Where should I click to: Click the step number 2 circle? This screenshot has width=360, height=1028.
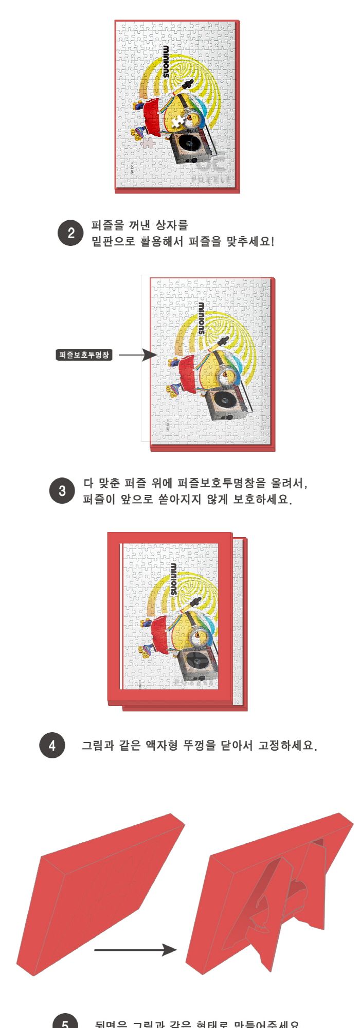70,233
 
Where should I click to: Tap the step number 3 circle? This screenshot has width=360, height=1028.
62,491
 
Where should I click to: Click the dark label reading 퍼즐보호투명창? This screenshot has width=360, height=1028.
84,355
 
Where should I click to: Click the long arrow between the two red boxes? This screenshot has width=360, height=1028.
135,950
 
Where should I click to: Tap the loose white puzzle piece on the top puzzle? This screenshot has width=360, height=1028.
178,122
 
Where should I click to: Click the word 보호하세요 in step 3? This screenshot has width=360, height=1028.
262,499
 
